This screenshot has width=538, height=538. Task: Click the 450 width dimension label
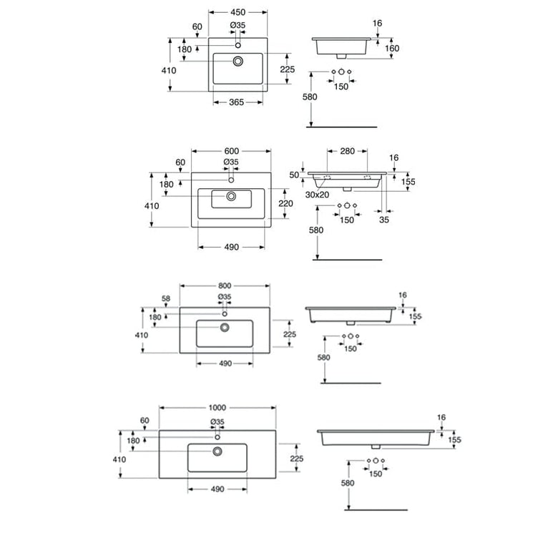238,12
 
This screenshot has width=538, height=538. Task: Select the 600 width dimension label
232,151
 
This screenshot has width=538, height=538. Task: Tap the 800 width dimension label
225,285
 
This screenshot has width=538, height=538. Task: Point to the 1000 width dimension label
217,408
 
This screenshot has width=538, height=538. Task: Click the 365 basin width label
236,102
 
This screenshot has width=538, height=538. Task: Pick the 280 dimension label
347,151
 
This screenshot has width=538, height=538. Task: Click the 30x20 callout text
317,195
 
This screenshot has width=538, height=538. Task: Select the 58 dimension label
166,298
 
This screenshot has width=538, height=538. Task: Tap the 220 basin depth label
285,203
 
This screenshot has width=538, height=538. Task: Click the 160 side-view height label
392,49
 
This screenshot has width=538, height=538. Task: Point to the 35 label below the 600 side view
384,220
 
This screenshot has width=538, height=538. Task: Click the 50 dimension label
294,175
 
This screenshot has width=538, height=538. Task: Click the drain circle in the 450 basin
238,61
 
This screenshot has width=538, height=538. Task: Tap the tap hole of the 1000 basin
217,437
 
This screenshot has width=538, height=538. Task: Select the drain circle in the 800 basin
225,328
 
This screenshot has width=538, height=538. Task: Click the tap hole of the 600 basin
231,180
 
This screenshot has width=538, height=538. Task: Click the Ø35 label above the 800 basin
225,297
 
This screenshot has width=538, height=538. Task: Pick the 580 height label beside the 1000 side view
348,483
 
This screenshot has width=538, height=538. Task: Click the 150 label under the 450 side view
341,87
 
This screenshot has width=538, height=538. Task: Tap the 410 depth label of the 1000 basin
119,459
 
